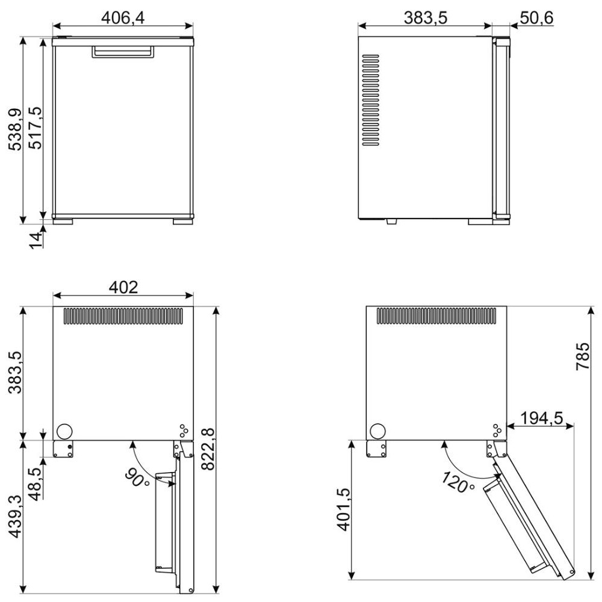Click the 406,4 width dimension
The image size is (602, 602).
pyautogui.click(x=123, y=17)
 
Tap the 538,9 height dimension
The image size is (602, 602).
pyautogui.click(x=16, y=130)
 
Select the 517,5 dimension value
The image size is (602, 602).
pyautogui.click(x=37, y=128)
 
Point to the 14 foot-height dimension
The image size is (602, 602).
pyautogui.click(x=36, y=241)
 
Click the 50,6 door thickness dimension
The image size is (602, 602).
pyautogui.click(x=537, y=17)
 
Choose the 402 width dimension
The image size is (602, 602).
pyautogui.click(x=123, y=287)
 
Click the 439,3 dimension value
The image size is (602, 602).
pyautogui.click(x=16, y=516)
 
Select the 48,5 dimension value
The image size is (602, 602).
pyautogui.click(x=37, y=484)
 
